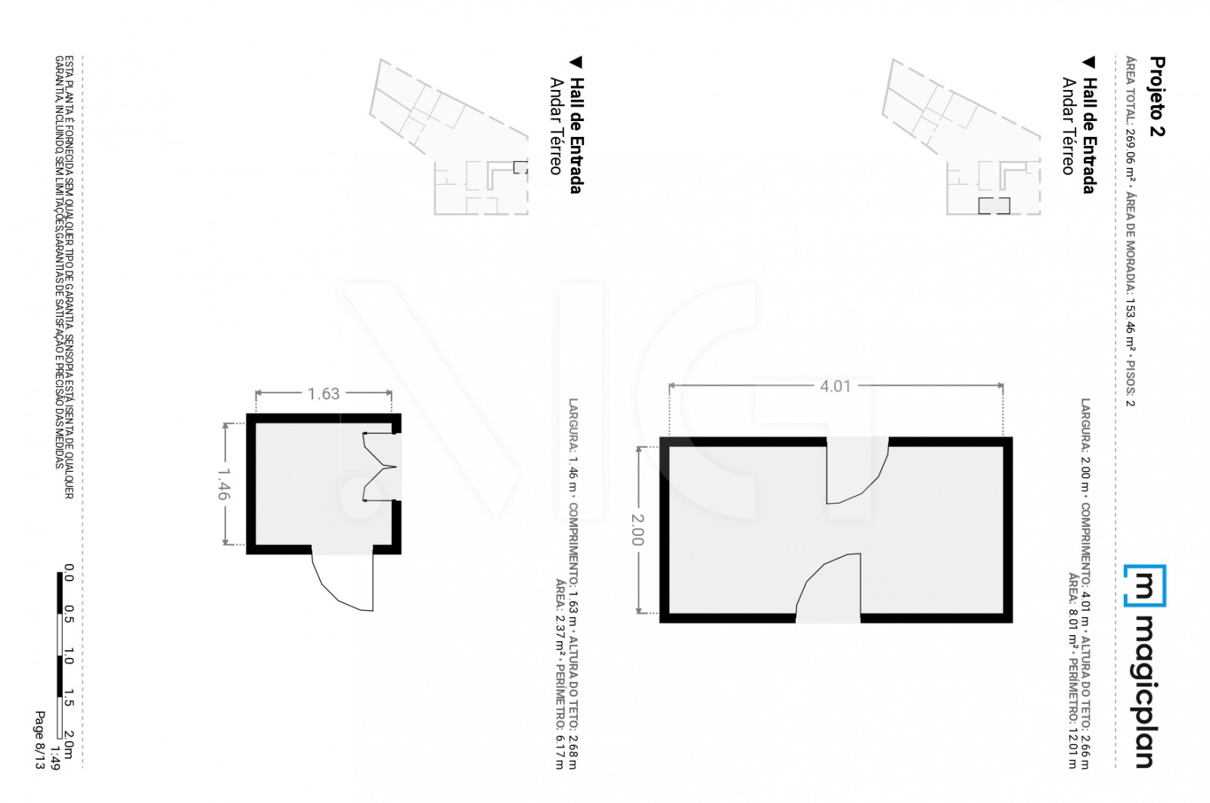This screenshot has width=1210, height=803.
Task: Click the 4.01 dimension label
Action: (x=835, y=386)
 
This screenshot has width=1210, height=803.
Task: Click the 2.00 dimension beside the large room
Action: (x=638, y=530)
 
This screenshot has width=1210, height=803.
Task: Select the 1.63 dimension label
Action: (x=324, y=394)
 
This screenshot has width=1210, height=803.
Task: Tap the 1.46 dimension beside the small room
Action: (x=224, y=484)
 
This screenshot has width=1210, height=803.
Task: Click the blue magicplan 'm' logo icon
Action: (x=1145, y=586)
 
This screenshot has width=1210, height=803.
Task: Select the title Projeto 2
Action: (x=1157, y=96)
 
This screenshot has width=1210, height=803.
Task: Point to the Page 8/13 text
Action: (x=40, y=740)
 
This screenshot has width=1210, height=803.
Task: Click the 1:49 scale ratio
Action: (x=54, y=758)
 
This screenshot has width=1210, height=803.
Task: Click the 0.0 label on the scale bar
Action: (x=69, y=573)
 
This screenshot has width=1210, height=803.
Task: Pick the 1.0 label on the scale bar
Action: (x=69, y=656)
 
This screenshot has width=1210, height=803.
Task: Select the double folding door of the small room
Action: (x=380, y=467)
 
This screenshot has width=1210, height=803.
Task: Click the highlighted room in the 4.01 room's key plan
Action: (x=994, y=205)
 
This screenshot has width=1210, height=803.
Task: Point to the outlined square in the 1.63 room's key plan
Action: (x=520, y=167)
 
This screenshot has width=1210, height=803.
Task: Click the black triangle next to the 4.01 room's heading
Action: (x=1088, y=63)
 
